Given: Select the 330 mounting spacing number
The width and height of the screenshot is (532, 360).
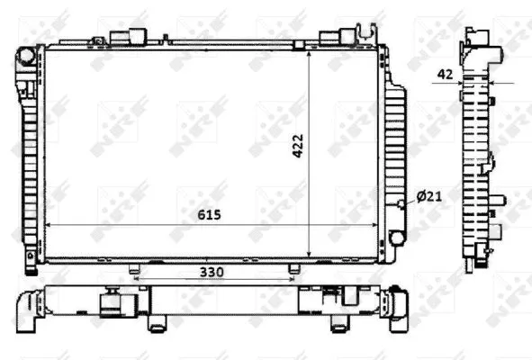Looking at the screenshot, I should pyautogui.click(x=212, y=271).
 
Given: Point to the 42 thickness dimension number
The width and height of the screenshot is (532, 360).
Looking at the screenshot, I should pyautogui.click(x=445, y=75).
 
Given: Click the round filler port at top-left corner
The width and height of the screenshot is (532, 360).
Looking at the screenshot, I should pyautogui.click(x=26, y=57).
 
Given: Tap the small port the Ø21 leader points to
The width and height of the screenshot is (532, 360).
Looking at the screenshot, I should pyautogui.click(x=401, y=204).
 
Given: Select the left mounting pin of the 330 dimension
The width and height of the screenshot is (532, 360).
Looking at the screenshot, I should pyautogui.click(x=134, y=269).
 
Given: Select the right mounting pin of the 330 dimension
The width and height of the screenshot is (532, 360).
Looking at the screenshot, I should pyautogui.click(x=293, y=269).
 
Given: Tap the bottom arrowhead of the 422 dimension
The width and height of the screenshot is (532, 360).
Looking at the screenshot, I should pyautogui.click(x=310, y=256).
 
